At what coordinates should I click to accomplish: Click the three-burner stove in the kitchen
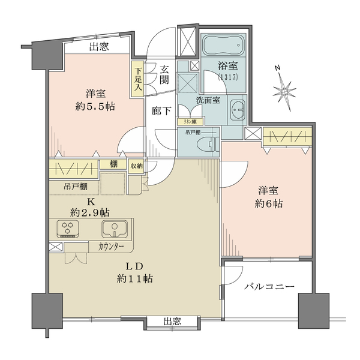(68, 228)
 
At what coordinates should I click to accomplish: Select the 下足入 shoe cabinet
(137, 79)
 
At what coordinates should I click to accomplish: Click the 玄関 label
(163, 75)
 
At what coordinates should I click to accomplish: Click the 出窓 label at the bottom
(173, 322)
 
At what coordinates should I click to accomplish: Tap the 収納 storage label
(136, 166)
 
